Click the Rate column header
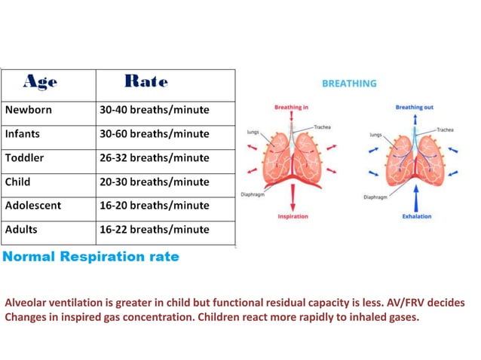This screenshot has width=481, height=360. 146,81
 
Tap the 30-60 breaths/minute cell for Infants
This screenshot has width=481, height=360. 154,134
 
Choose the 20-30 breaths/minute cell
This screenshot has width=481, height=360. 154,182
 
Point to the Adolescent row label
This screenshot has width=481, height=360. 33,206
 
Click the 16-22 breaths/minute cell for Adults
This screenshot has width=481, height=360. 154,229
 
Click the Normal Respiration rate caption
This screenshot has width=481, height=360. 90,257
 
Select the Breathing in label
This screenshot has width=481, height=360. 291,108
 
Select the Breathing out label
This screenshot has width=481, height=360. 415,108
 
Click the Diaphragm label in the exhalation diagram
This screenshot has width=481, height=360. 375,198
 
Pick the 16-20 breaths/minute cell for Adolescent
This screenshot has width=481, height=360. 154,206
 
